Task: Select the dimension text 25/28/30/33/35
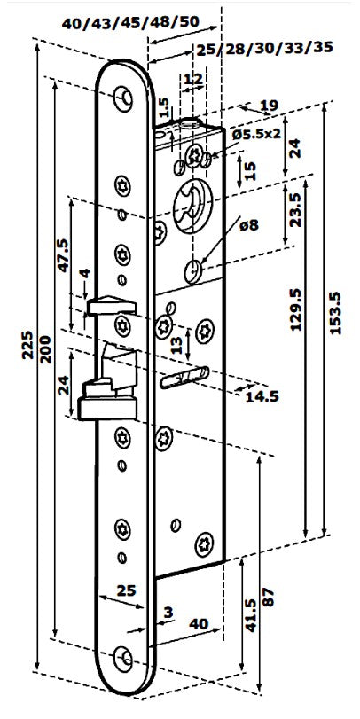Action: click(264, 48)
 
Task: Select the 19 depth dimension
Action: click(269, 106)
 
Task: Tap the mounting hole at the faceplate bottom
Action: click(123, 657)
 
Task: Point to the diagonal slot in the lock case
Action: click(184, 378)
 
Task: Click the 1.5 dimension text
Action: click(164, 109)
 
